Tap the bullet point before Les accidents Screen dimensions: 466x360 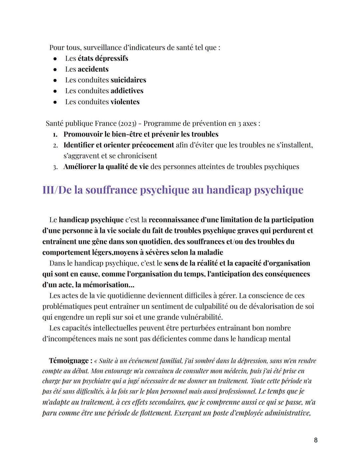point(55,69)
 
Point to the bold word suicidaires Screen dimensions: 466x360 point(128,80)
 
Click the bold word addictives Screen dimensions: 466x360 point(127,91)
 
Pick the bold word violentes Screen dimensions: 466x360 point(125,102)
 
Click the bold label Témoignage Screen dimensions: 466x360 point(69,361)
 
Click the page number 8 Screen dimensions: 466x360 point(316,440)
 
